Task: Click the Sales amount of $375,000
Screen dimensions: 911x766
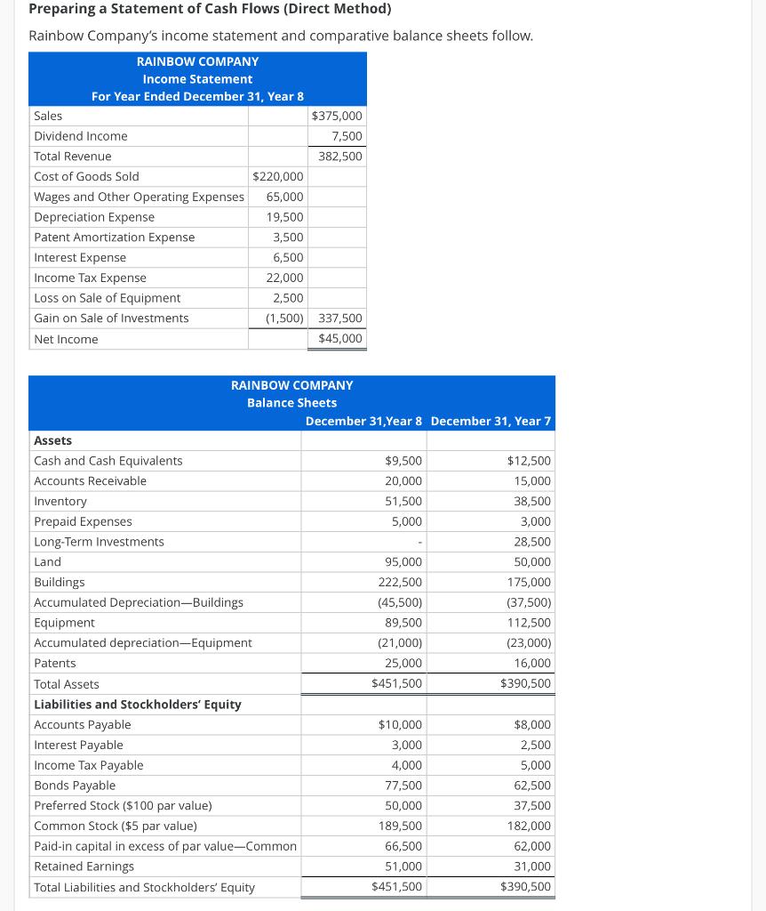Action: pos(337,116)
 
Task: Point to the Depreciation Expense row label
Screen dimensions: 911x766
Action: pos(94,217)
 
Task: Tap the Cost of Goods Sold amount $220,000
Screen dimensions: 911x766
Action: pos(278,176)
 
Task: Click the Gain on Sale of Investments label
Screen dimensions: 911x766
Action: pos(111,318)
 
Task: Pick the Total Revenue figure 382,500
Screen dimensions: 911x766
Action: pos(340,157)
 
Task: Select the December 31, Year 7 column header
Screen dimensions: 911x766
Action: pos(491,421)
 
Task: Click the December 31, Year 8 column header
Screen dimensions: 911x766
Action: pos(363,421)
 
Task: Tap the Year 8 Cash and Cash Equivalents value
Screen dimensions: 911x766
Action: pos(403,461)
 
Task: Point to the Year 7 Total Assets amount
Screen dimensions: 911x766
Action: pos(525,684)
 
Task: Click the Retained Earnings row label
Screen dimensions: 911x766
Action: pos(84,867)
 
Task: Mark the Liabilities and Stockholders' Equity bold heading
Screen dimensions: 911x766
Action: pos(138,705)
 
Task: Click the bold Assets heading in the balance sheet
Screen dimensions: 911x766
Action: pos(52,441)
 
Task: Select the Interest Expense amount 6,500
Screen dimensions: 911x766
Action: pos(287,258)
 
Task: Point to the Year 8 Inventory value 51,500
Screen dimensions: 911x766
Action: pos(403,502)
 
